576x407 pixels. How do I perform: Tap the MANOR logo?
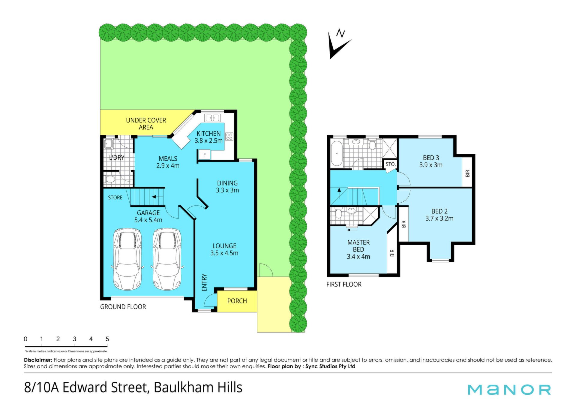509,390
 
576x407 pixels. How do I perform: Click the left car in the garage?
127,259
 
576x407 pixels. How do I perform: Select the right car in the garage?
167,259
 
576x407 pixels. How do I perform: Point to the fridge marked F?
205,155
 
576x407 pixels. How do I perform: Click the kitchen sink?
212,118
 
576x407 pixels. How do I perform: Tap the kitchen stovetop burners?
229,137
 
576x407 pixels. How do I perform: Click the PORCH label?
237,301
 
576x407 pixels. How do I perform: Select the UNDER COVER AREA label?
146,124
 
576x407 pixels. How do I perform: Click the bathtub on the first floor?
337,153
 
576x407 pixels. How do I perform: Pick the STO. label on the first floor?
391,164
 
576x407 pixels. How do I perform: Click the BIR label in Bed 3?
467,173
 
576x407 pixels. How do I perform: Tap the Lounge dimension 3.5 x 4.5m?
224,253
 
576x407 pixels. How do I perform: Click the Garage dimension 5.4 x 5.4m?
148,220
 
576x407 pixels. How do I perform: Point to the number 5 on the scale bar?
107,339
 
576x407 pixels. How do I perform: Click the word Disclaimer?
38,360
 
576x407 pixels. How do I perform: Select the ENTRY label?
204,282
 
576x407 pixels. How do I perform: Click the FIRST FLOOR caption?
344,284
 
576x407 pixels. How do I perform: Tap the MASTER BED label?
358,246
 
